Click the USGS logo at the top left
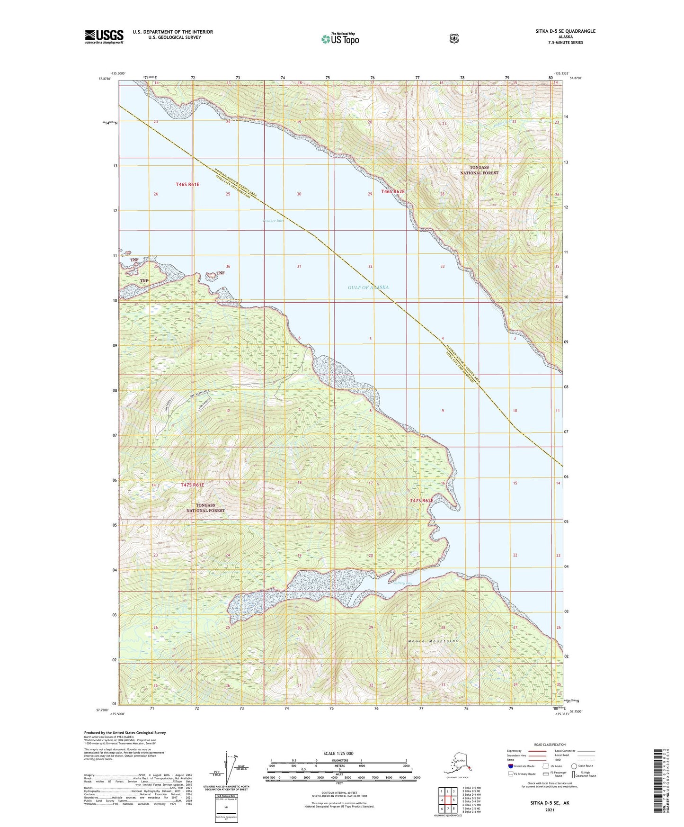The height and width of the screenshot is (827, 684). [x=104, y=36]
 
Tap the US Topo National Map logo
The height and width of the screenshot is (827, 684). [x=339, y=38]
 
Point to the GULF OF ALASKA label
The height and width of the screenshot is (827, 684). [x=368, y=288]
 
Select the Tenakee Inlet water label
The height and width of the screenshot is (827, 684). [x=274, y=221]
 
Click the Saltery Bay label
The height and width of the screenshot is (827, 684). [x=403, y=583]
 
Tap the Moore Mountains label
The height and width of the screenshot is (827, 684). [x=433, y=641]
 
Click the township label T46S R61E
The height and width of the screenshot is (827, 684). [x=187, y=184]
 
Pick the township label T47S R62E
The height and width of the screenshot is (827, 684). [x=421, y=500]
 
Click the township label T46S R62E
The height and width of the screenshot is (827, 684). [x=393, y=191]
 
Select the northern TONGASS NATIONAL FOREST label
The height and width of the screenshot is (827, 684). [x=479, y=170]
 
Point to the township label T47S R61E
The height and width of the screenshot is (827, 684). [x=192, y=485]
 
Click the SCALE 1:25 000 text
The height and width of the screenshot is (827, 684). [x=338, y=753]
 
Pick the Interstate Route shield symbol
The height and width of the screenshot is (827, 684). [x=511, y=766]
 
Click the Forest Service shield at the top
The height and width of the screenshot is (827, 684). [x=454, y=38]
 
